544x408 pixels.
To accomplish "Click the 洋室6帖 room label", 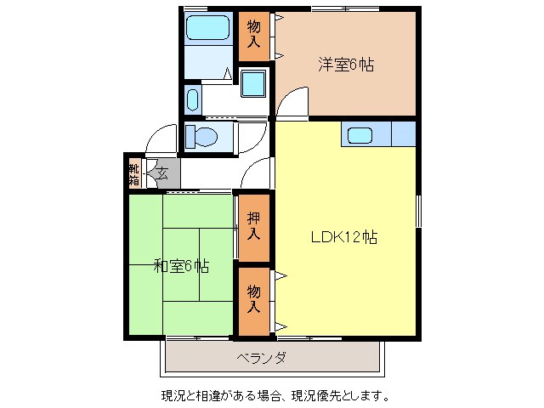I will (x=346, y=65).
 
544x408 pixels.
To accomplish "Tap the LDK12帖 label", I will (x=343, y=238).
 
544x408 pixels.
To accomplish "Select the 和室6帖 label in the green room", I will (x=181, y=266).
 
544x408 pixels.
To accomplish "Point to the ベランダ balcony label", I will (x=261, y=358).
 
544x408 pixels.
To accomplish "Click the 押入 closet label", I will (x=254, y=226).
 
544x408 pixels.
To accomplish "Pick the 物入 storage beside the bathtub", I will (x=254, y=35).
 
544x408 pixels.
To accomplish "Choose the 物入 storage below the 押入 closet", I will (x=254, y=299).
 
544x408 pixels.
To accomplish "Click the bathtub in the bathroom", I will (x=208, y=29).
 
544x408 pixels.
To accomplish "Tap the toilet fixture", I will (x=201, y=136).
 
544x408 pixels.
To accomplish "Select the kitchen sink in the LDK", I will (x=360, y=134).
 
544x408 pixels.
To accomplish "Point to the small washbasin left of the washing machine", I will (x=192, y=99).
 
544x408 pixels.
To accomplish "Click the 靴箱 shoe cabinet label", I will (x=134, y=173).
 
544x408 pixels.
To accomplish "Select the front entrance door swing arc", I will (x=158, y=140).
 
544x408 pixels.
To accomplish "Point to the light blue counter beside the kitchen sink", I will (x=403, y=134).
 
